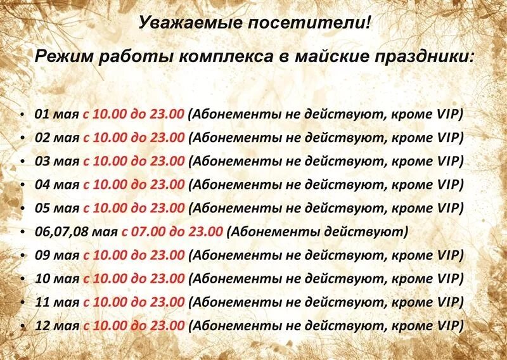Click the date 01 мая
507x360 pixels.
coord(56,114)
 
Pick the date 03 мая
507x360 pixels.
coord(56,161)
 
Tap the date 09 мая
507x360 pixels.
coord(56,255)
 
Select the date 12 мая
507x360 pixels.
coord(56,326)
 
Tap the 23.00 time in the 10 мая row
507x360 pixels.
coord(167,279)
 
